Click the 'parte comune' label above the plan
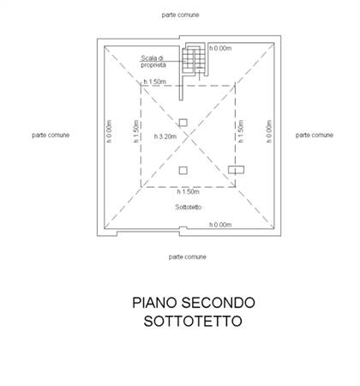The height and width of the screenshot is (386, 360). tap(180, 15)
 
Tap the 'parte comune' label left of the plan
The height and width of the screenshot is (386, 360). tap(51, 135)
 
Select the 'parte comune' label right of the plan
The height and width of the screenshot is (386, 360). tap(315, 135)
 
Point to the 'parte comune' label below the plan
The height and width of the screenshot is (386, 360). tap(188, 256)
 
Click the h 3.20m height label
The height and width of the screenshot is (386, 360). tap(165, 136)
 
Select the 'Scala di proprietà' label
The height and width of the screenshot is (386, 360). tap(153, 62)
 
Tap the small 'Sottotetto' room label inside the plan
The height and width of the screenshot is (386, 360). tap(189, 207)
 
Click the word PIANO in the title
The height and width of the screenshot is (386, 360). tap(154, 303)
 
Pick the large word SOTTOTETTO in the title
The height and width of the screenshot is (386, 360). tap(193, 321)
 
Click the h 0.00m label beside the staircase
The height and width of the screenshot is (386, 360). tap(220, 48)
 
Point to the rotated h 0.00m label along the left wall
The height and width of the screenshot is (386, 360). tap(109, 131)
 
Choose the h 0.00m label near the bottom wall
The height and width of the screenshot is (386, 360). tap(220, 225)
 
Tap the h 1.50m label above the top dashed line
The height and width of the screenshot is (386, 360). tap(154, 81)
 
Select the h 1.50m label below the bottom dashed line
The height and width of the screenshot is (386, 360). tap(188, 191)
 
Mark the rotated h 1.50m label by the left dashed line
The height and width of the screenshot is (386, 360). tap(136, 131)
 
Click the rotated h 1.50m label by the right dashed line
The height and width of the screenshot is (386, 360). tap(241, 131)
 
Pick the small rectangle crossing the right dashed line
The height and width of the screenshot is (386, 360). tap(236, 170)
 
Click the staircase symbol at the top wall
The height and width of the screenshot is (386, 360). tap(195, 60)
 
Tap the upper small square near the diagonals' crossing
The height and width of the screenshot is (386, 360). tap(183, 123)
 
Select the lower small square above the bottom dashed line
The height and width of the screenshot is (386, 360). tap(183, 171)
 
